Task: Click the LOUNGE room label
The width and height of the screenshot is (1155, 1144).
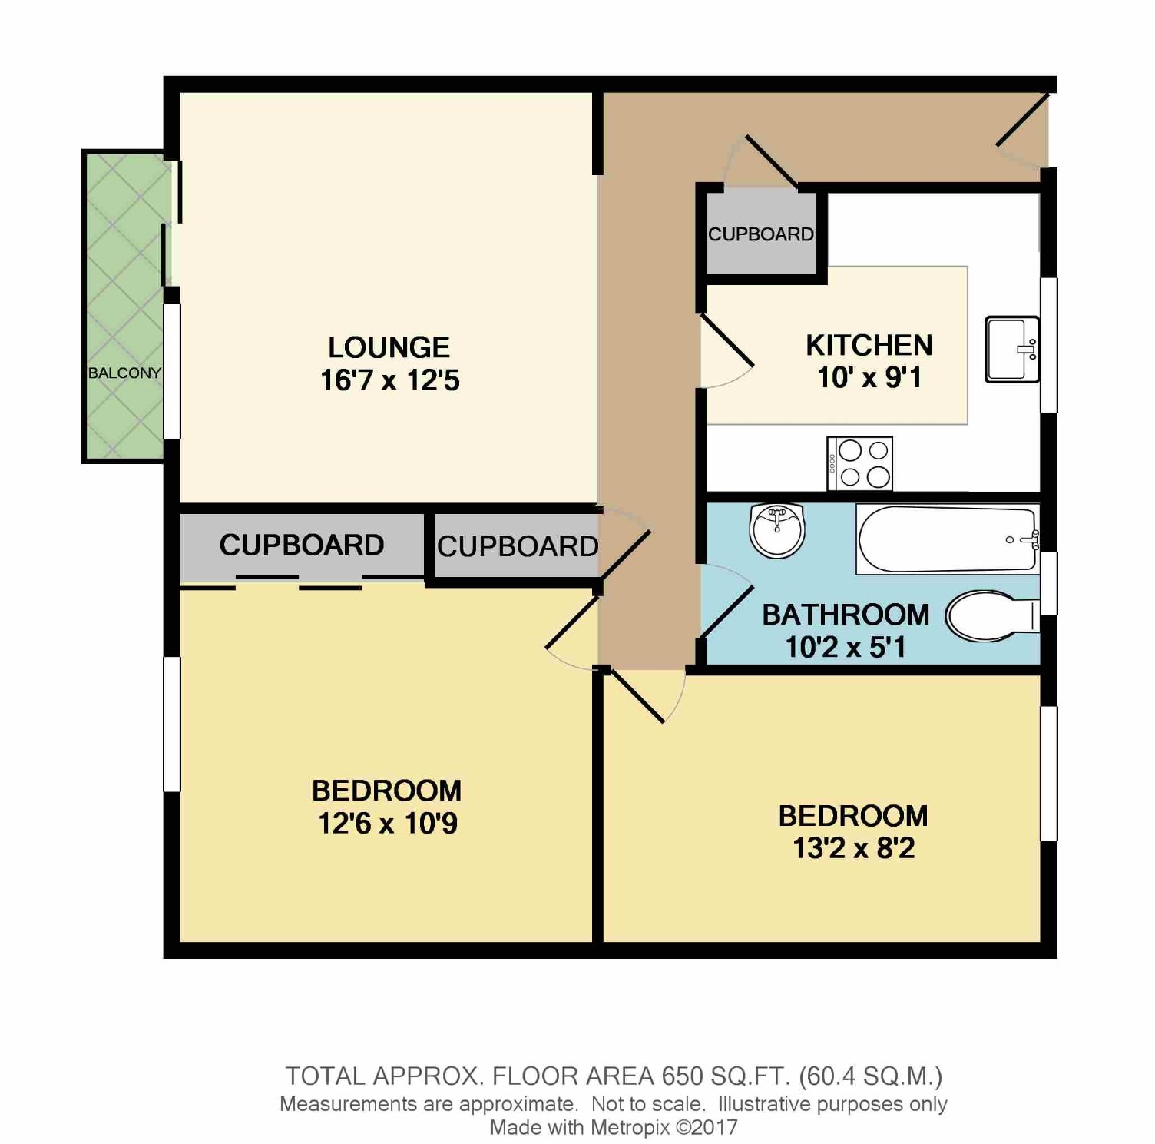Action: coord(389,348)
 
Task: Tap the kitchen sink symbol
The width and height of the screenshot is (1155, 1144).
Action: coord(1012,350)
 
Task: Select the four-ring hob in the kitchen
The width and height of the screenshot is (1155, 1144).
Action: coord(859,463)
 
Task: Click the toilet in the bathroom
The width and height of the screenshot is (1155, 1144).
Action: coord(992,615)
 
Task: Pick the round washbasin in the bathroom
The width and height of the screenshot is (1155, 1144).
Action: coord(776,529)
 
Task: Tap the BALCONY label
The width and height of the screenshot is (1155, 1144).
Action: coord(124,373)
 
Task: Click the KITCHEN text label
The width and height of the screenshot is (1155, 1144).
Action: coord(869,346)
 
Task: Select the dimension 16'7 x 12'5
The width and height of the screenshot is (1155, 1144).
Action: coord(390,380)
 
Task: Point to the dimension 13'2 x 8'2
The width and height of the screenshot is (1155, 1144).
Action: coord(854,848)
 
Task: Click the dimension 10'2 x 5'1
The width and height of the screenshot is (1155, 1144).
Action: coord(846,647)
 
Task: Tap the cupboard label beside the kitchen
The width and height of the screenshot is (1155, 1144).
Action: coord(761,234)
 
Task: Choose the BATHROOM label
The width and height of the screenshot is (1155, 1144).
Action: coord(846,615)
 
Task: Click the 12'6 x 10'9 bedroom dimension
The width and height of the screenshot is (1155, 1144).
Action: coord(388,824)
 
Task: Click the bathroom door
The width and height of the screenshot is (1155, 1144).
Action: coord(725,612)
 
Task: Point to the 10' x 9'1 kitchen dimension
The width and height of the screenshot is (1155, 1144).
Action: coord(869,378)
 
